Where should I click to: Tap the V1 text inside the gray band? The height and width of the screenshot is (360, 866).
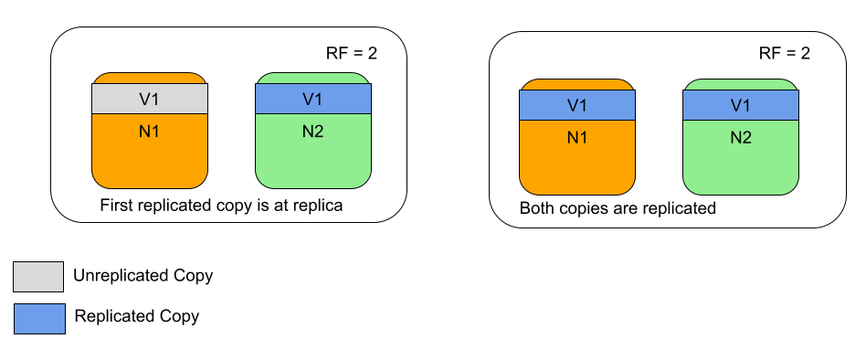(150, 99)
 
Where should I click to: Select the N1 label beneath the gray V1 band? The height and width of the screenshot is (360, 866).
(150, 131)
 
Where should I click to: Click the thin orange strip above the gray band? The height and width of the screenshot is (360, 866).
(150, 79)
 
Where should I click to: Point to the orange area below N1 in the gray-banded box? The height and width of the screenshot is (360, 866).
(150, 164)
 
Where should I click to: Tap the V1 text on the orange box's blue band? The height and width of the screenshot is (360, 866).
(577, 105)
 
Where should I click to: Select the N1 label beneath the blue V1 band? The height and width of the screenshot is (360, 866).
(577, 138)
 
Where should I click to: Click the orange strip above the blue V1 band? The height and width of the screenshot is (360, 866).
(577, 85)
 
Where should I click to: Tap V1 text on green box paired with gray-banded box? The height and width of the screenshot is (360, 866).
(312, 99)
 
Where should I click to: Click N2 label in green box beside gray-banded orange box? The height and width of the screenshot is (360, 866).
(312, 131)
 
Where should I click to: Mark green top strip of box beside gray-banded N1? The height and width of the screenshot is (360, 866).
(312, 79)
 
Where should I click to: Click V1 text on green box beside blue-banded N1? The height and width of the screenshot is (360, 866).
(741, 105)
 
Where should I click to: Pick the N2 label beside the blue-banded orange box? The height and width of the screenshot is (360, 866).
(741, 138)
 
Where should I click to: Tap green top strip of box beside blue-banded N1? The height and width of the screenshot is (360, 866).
(741, 85)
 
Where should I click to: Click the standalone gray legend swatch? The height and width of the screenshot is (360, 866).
(38, 276)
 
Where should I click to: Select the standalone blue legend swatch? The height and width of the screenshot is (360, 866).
(39, 319)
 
